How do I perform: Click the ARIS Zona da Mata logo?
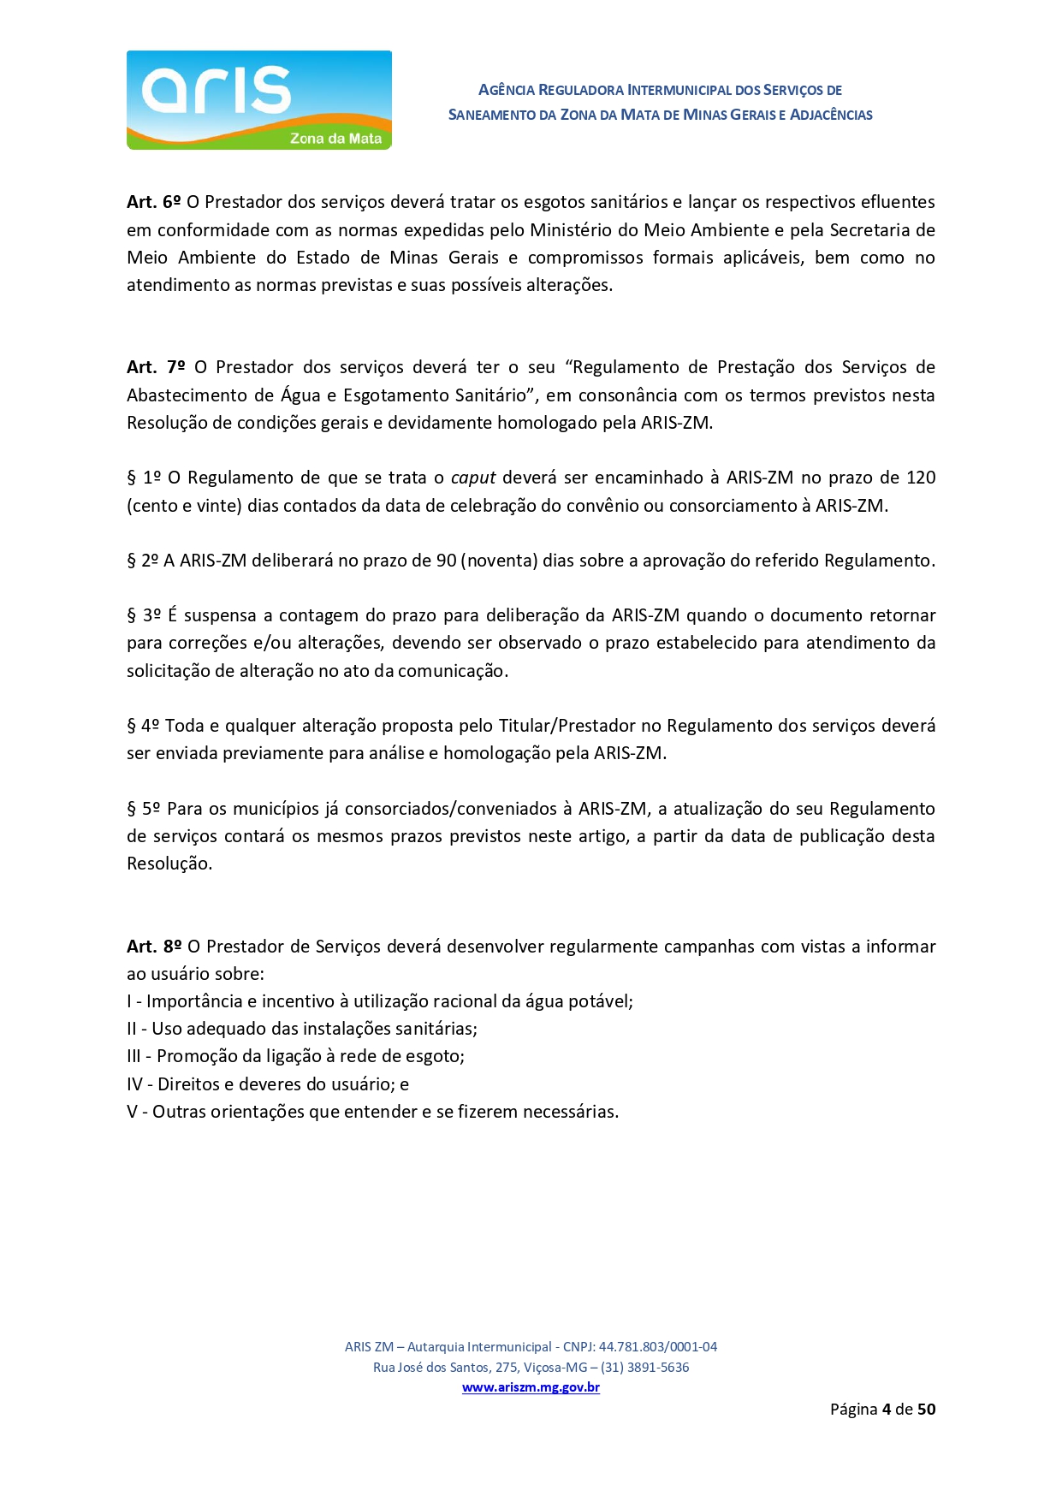(x=258, y=100)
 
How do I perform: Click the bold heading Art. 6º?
(x=154, y=202)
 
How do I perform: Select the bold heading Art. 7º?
(x=156, y=367)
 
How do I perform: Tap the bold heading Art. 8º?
(x=154, y=947)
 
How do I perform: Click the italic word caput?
(x=473, y=478)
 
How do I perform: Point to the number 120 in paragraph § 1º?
(x=921, y=478)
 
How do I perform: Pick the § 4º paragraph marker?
(x=143, y=726)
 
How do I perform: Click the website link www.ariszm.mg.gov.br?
(x=531, y=1387)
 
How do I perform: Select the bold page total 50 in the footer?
(x=926, y=1409)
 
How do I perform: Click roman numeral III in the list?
(x=133, y=1056)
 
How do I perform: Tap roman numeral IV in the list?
(x=134, y=1084)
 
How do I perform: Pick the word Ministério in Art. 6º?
(x=573, y=230)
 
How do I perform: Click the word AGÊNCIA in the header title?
(x=507, y=90)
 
